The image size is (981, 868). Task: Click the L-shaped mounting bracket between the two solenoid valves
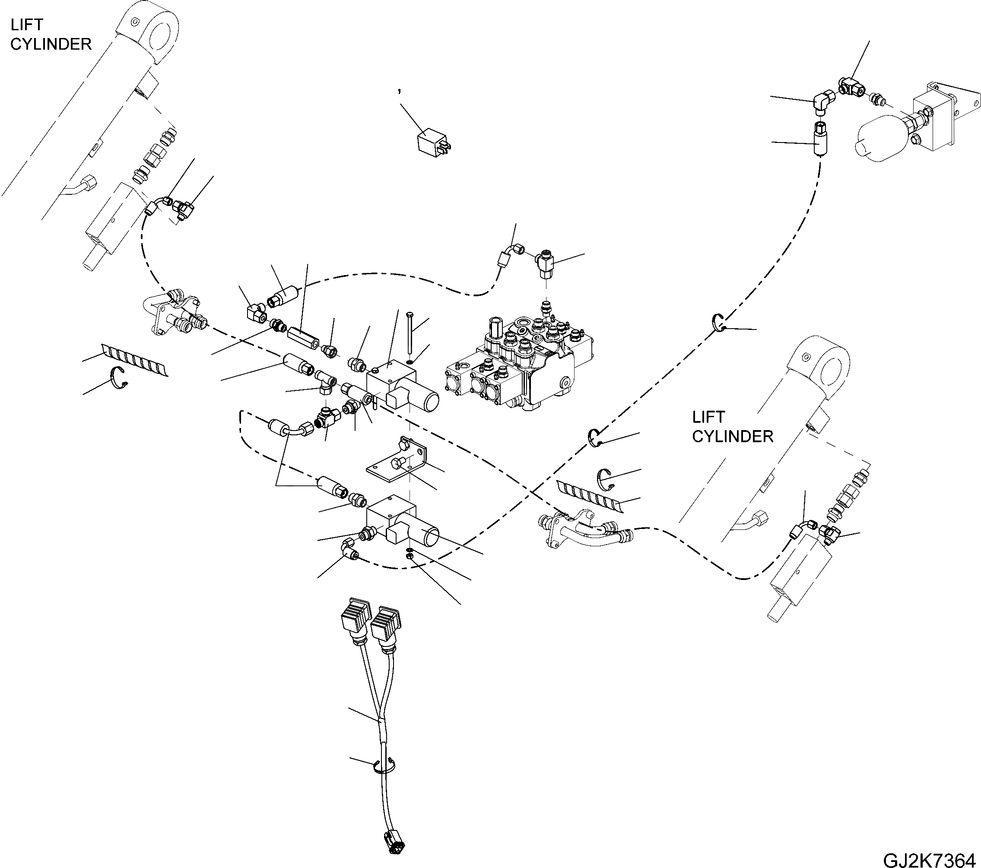pos(398,461)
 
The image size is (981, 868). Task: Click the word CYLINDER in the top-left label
pos(51,44)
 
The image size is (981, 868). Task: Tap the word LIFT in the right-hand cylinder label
pos(708,417)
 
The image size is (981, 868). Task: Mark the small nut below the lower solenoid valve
pos(410,556)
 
